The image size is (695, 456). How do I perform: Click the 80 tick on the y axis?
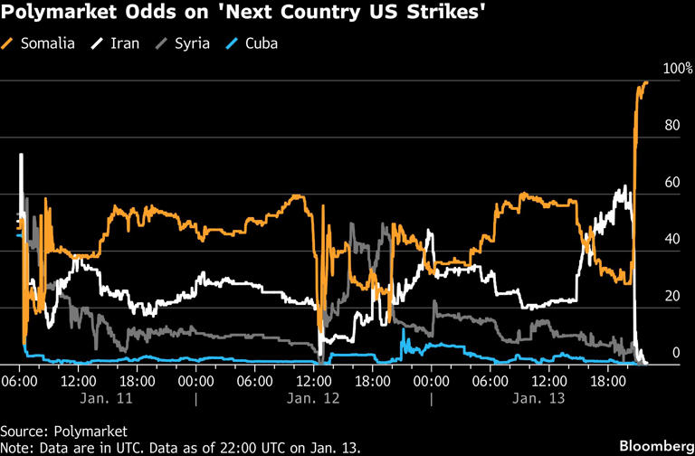[670, 126]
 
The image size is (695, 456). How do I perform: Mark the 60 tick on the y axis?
[670, 183]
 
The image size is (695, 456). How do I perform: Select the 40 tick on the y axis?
[670, 240]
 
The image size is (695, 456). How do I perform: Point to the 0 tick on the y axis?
[674, 353]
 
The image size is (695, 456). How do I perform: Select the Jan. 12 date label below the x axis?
[313, 398]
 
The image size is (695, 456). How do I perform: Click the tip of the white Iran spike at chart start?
[20, 155]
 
